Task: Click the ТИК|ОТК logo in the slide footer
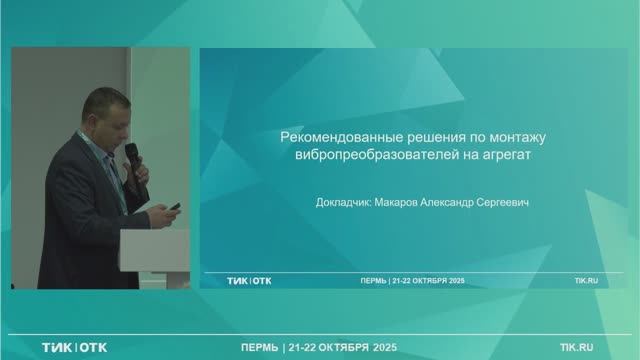click(x=249, y=281)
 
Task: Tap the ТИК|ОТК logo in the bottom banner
click(x=75, y=348)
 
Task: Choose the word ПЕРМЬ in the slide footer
click(x=373, y=281)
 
